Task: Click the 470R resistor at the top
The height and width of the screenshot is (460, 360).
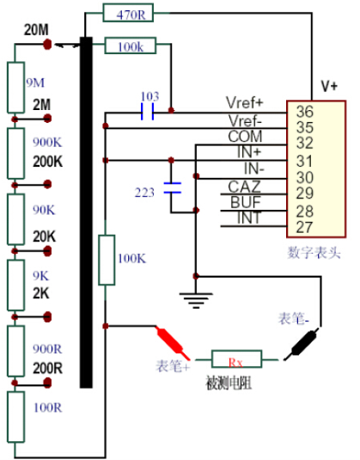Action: coord(128,13)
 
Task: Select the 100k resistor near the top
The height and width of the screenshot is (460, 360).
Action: coord(131,46)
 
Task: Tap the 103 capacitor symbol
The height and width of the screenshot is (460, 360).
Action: coord(148,112)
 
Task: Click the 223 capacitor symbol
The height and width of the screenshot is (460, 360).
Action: coord(173,187)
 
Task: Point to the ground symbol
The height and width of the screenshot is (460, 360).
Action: coord(196,300)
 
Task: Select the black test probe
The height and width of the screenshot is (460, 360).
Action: coord(302,345)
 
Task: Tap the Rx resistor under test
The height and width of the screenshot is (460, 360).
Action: coord(236,359)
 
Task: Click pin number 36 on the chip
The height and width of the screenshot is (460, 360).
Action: coord(305,112)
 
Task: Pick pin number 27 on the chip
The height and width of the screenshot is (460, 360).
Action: coord(305,227)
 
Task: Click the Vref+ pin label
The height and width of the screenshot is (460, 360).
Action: coord(245,102)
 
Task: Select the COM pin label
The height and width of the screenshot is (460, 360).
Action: coord(245,137)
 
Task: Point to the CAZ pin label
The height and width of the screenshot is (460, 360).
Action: coord(245,187)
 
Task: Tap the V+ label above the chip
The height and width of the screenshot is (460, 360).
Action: coord(329,86)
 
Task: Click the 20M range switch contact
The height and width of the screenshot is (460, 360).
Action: coord(47,45)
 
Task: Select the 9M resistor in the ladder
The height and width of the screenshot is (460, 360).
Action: coord(15,87)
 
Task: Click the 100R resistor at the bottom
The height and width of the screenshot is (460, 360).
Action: coord(15,417)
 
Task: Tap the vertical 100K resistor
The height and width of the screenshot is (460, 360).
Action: coord(107,260)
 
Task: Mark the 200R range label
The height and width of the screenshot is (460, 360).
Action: coord(48,369)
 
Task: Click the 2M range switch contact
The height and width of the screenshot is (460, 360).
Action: coord(47,119)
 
